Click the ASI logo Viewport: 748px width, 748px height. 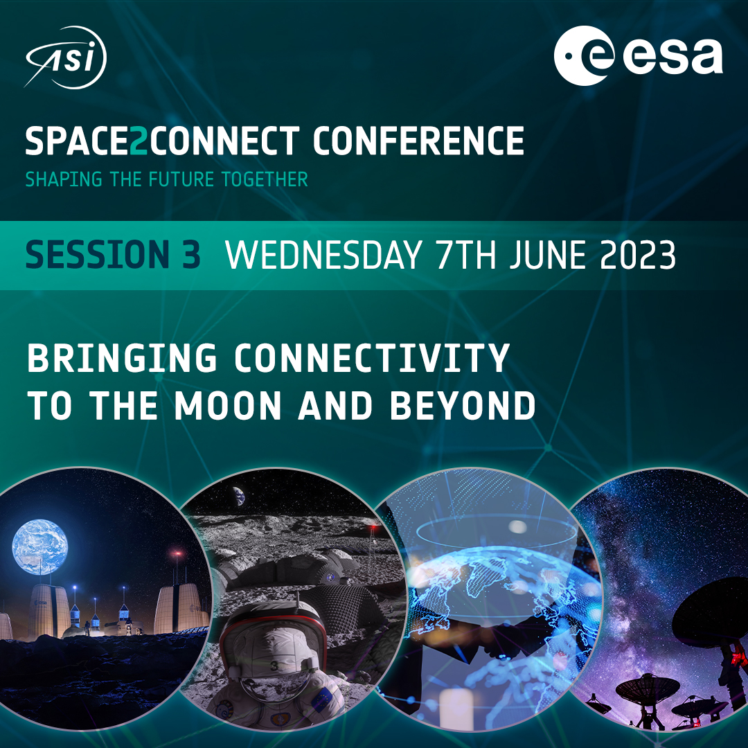[x=65, y=57]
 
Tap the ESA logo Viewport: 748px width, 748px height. [x=639, y=56]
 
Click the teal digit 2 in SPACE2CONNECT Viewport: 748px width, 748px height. [x=139, y=141]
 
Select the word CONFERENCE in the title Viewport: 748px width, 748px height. [x=418, y=141]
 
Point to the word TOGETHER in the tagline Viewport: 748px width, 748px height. [x=265, y=180]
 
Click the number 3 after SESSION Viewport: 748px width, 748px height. [x=191, y=255]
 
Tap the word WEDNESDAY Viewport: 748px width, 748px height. [x=323, y=255]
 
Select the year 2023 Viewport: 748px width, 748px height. [x=638, y=255]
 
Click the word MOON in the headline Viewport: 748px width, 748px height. [x=228, y=406]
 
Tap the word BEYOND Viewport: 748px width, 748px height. [x=463, y=406]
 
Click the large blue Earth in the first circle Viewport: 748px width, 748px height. [x=40, y=546]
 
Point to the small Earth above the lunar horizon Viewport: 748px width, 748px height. [x=239, y=496]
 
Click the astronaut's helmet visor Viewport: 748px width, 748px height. [x=273, y=677]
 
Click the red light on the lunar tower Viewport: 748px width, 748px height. [x=373, y=527]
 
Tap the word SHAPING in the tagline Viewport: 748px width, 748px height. [x=64, y=180]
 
